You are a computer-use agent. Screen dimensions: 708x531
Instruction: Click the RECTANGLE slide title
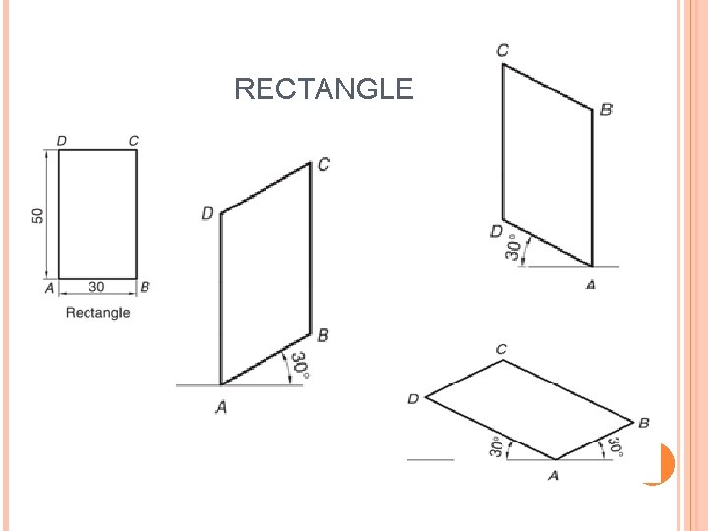tap(324, 89)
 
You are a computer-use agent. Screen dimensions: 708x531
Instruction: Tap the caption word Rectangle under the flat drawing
tap(97, 313)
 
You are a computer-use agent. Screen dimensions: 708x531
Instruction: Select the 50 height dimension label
tap(37, 214)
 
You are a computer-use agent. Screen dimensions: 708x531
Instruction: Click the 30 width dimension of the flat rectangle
tap(97, 287)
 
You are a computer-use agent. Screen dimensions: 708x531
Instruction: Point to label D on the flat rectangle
tap(62, 141)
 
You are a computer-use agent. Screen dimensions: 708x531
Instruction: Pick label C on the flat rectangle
tap(134, 141)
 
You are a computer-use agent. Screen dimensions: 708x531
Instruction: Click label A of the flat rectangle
tap(49, 287)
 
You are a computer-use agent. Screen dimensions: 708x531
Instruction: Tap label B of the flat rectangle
tap(146, 287)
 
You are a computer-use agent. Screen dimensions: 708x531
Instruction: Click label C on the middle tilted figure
tap(324, 164)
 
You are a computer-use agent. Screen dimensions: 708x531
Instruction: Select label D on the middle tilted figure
tap(207, 212)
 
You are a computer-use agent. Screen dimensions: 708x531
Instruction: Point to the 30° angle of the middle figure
tap(300, 365)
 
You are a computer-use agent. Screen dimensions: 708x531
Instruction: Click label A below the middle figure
tap(221, 406)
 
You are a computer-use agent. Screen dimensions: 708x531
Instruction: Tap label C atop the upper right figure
tap(502, 49)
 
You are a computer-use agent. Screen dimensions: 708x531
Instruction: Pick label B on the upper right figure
tap(606, 109)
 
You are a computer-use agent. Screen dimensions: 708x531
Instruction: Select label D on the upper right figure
tap(496, 231)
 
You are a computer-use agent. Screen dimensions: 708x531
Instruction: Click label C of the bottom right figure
tap(501, 349)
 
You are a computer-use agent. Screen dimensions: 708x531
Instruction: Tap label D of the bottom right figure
tap(413, 398)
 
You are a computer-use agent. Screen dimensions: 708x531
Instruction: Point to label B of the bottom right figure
tap(643, 422)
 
